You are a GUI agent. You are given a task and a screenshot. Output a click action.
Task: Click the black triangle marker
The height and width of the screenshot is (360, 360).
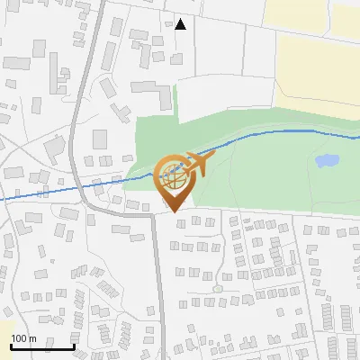pos(181,24)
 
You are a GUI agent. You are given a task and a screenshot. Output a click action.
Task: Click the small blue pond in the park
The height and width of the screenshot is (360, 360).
pos(326,162)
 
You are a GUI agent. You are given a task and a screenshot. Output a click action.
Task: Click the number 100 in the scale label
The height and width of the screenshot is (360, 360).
pos(19,338)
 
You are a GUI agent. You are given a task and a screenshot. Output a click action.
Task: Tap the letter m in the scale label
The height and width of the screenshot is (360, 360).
pos(32,338)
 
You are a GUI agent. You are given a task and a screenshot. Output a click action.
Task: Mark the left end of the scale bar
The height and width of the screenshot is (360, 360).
pos(11,346)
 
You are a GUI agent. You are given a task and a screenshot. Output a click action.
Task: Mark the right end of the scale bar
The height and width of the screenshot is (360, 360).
pos(75,346)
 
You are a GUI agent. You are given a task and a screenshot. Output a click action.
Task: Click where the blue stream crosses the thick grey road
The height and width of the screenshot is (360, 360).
pos(88,185)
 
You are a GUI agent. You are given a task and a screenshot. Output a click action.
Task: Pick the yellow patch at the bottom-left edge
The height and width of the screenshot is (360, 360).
pos(4,328)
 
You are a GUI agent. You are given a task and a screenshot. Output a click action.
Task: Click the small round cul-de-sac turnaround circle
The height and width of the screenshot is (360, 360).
pos(217,289)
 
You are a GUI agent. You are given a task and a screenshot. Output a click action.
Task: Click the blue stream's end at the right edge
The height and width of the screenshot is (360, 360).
pos(357,138)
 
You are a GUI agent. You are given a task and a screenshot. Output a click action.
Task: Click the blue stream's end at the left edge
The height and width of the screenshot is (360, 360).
pos(2,199)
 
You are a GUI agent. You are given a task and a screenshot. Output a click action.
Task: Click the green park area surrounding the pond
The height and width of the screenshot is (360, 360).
pos(270,171)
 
